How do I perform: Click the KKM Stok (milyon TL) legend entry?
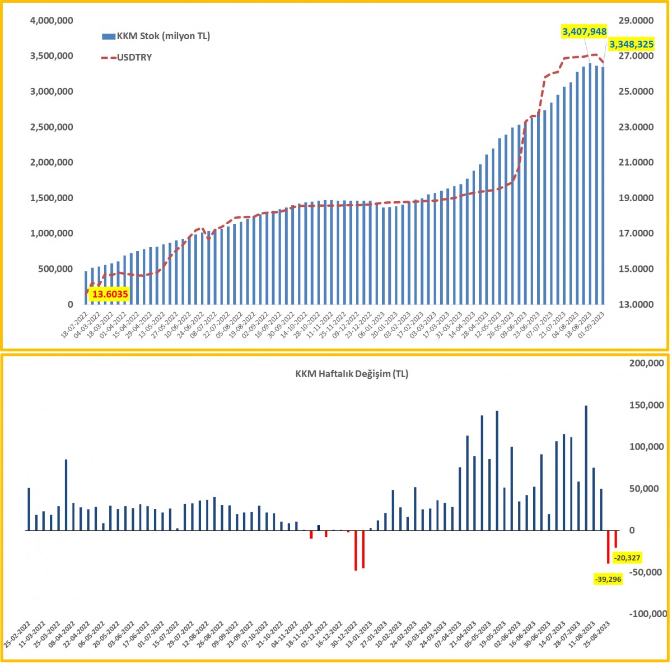coord(156,36)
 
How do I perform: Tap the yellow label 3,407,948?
coord(585,31)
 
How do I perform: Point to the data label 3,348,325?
coord(631,44)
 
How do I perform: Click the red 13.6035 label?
coord(110,294)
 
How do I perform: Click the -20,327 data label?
coord(627,558)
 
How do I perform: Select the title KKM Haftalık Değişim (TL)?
coord(352,374)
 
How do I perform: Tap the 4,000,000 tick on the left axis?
coord(51,21)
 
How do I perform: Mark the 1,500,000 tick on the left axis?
coord(51,198)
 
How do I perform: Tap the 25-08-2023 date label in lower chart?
coord(606,640)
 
